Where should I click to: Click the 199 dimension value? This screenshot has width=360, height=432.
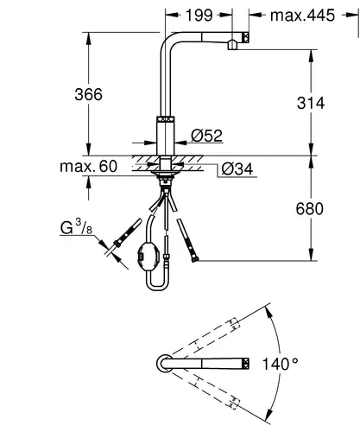[x=199, y=16]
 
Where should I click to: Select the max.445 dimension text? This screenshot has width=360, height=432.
[x=302, y=16]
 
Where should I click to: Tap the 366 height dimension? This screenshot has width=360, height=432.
[x=88, y=94]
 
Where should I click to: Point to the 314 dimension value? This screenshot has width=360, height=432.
[x=311, y=103]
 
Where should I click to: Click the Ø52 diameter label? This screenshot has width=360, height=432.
[x=206, y=136]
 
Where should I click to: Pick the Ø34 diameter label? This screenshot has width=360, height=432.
[x=237, y=169]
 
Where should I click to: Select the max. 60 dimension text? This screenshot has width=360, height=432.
[x=89, y=166]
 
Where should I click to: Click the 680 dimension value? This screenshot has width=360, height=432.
[x=310, y=209]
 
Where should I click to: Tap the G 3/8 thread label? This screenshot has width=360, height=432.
[x=76, y=227]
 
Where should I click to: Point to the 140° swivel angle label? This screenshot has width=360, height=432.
[x=280, y=364]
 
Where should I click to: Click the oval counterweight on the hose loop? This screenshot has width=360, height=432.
[x=148, y=256]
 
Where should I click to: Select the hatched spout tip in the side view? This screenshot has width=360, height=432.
[x=246, y=38]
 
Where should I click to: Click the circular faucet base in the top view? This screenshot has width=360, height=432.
[x=165, y=364]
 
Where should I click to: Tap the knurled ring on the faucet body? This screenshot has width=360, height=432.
[x=166, y=119]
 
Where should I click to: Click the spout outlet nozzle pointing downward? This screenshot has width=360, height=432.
[x=232, y=45]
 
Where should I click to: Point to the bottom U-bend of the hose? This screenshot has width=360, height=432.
[x=157, y=287]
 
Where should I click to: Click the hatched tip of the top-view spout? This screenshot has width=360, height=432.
[x=246, y=364]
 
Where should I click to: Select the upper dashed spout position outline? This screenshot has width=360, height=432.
[x=205, y=337]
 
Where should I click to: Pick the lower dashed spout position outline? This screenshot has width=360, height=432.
[x=205, y=390]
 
